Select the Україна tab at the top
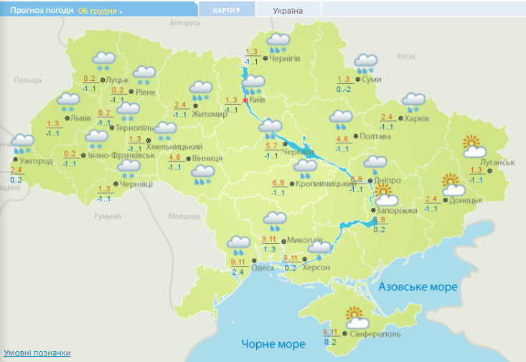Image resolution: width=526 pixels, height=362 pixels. coord(288,11)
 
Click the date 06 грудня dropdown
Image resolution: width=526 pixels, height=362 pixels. coord(100,11)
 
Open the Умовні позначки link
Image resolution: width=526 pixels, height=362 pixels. coord(37,353)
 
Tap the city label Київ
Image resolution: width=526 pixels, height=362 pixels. coord(257,100)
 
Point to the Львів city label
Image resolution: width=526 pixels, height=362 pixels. coord(79,118)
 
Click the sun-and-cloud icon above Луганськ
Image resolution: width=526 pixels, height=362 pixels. coord(473,147)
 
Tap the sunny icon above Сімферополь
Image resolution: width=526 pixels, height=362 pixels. coord(354,315)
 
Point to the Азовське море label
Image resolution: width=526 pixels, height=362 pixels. coord(418,287)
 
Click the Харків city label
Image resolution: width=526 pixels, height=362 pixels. coord(417,118)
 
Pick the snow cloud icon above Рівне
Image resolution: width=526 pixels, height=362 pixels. coord(146,73)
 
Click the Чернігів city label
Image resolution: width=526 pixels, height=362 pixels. coord(284,58)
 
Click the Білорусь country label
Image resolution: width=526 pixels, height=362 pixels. coord(185,23)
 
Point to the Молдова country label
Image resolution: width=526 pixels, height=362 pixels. coord(183,216)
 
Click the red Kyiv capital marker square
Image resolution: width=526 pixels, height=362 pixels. coord(245,101)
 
